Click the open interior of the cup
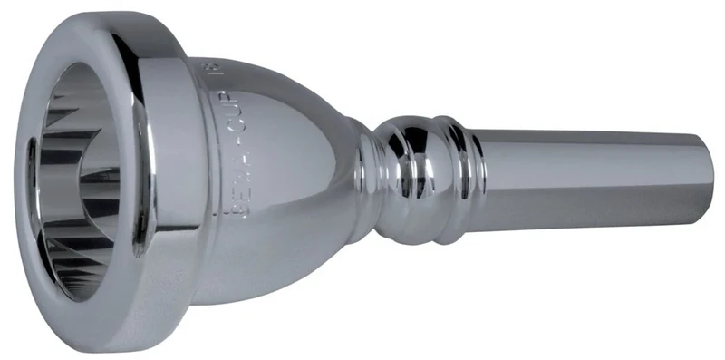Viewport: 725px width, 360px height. pyautogui.click(x=86, y=181)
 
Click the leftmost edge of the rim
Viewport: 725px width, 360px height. pyautogui.click(x=19, y=181)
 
